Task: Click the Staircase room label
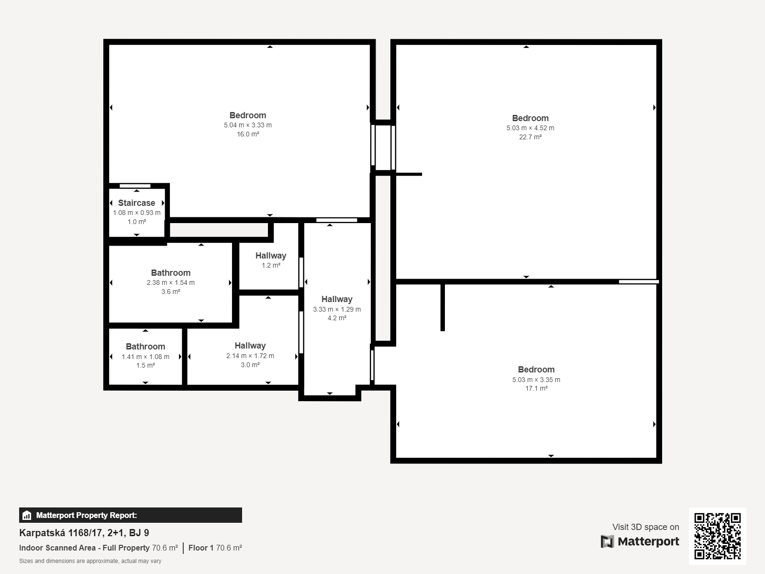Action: tap(137, 203)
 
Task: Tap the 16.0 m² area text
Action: tap(248, 134)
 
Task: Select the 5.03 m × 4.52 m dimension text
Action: tap(530, 128)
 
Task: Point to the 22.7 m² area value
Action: tap(530, 137)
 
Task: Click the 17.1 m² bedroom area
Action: tap(536, 388)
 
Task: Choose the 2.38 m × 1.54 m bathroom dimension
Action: tap(170, 282)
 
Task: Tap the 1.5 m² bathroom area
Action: tap(145, 365)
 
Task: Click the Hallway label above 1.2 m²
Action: tap(271, 256)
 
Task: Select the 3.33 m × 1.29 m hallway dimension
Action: tap(337, 309)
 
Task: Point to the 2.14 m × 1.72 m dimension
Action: tap(250, 356)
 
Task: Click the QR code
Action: tap(717, 536)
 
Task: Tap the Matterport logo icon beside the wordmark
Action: tap(607, 541)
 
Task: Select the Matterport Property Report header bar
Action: tap(130, 515)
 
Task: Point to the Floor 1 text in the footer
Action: tap(201, 548)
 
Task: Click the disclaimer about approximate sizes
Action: tap(90, 561)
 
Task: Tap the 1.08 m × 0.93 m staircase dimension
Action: tap(137, 213)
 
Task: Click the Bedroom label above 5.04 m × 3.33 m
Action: tap(248, 115)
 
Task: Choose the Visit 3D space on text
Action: tap(646, 527)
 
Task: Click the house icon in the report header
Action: tap(27, 515)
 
